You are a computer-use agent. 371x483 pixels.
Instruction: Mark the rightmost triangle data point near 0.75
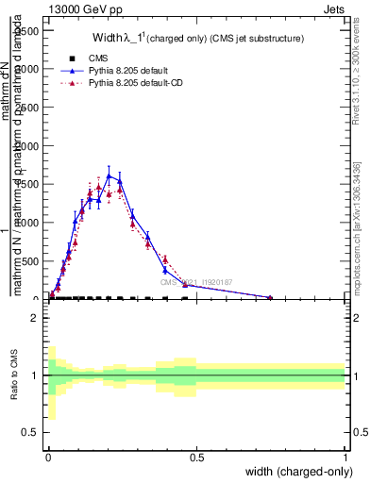(270, 298)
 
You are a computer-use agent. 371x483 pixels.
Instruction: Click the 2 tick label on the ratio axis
(35, 318)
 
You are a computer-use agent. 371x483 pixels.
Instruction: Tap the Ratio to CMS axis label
(13, 375)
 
